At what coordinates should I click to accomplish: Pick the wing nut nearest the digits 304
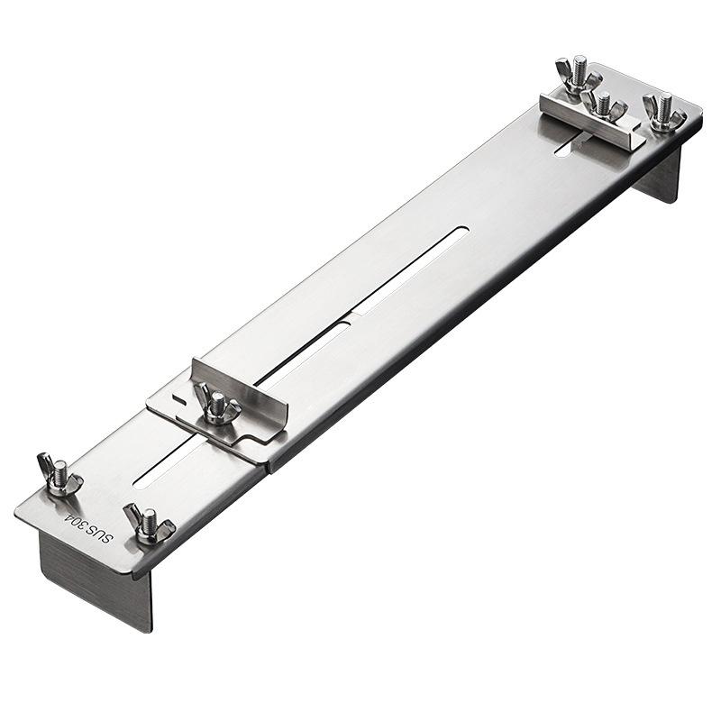coord(59,476)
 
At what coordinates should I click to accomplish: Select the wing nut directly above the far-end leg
coord(664,114)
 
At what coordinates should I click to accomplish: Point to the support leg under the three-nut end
coord(661,176)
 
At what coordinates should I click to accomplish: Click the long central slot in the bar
coord(410,270)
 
